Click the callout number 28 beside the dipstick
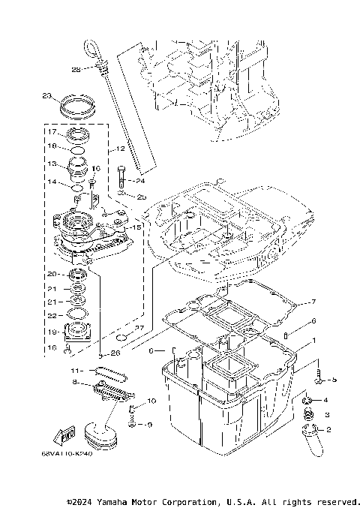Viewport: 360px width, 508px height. point(76,70)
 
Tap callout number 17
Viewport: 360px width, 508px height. point(53,131)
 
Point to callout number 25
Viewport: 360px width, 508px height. point(141,196)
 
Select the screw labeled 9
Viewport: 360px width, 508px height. point(130,424)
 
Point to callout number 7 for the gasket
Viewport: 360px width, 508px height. point(314,302)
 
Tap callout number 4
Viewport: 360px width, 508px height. point(327,401)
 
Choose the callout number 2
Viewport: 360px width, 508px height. point(328,428)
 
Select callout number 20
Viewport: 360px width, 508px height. point(53,274)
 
